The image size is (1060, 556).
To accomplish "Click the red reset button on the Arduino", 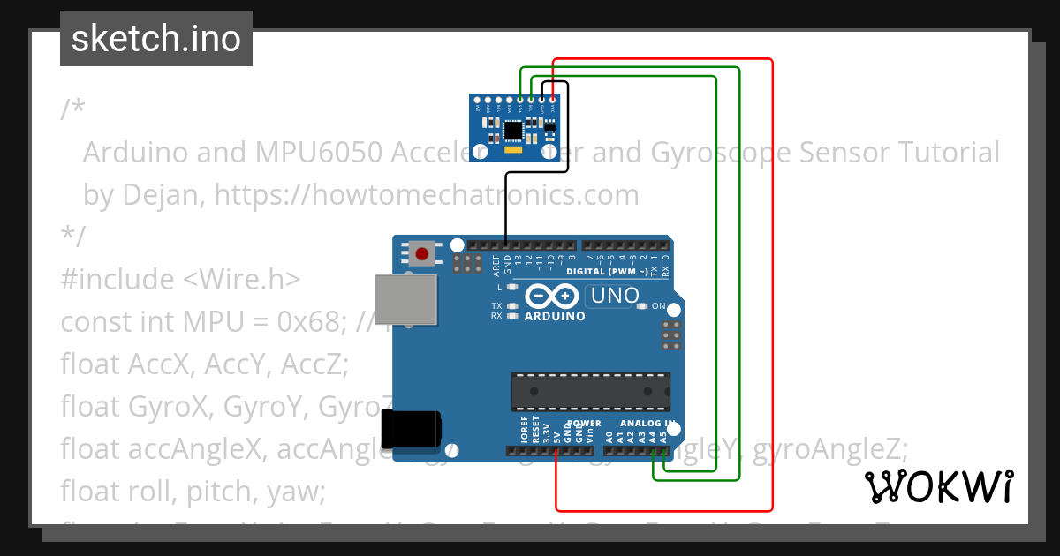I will pyautogui.click(x=422, y=255).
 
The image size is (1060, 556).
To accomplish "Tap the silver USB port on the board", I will pyautogui.click(x=406, y=299).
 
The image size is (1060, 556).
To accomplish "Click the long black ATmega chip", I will pyautogui.click(x=590, y=392).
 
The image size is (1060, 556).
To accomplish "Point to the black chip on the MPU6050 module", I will pyautogui.click(x=513, y=131).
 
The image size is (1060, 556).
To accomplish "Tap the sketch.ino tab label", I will pyautogui.click(x=156, y=39).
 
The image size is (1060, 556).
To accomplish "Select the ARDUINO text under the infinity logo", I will pyautogui.click(x=555, y=316).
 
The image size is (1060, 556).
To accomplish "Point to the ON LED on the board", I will pyautogui.click(x=644, y=306).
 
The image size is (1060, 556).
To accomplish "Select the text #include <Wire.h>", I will pyautogui.click(x=181, y=279).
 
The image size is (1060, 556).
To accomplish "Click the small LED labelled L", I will pyautogui.click(x=512, y=288).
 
